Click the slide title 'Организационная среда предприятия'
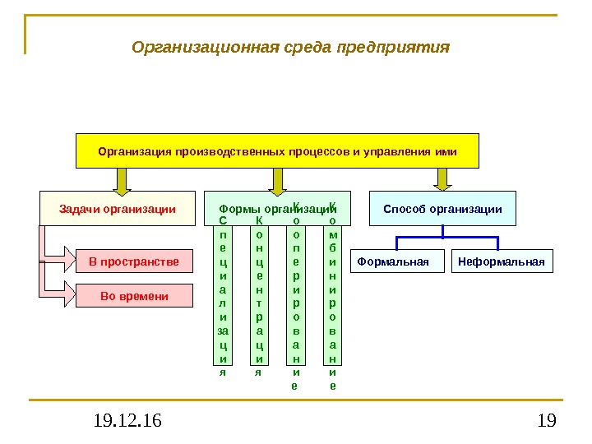[x=291, y=46]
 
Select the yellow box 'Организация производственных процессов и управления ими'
[x=277, y=151]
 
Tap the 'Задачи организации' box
[x=118, y=209]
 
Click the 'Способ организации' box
[x=442, y=209]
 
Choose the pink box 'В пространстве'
[x=133, y=262]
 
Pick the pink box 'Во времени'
[x=133, y=295]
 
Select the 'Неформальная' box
[x=502, y=262]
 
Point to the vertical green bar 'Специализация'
[x=222, y=296]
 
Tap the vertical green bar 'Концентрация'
[x=258, y=296]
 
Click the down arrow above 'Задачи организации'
[x=123, y=180]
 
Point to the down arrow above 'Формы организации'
[x=278, y=180]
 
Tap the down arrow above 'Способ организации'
[x=442, y=179]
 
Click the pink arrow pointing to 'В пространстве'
[x=58, y=257]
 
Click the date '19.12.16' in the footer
[x=127, y=422]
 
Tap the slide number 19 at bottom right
[x=546, y=422]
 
